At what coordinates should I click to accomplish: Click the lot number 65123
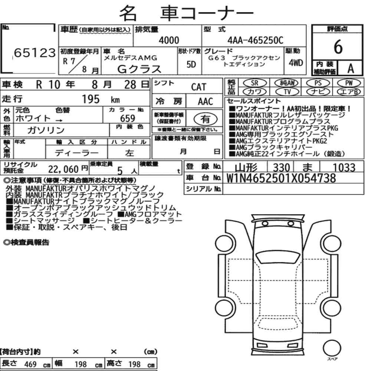click(x=35, y=53)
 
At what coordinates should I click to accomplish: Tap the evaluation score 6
click(x=338, y=47)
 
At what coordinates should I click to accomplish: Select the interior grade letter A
click(x=351, y=69)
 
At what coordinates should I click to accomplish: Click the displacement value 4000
click(x=169, y=40)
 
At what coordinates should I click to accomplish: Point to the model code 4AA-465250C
click(x=255, y=40)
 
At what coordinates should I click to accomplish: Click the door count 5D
click(x=191, y=64)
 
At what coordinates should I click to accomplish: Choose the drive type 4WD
click(x=296, y=63)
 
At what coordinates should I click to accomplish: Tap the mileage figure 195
click(x=91, y=99)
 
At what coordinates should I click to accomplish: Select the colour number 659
click(x=128, y=118)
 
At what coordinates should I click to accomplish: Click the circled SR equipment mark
click(x=255, y=83)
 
